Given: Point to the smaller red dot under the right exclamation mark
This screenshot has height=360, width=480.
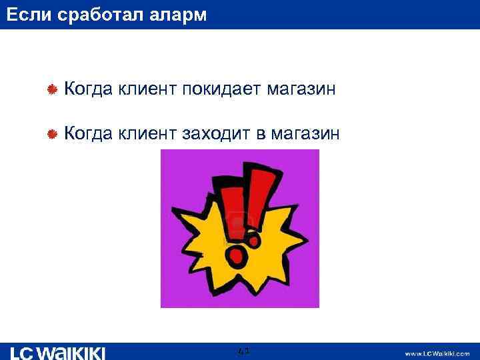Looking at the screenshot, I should (254, 237).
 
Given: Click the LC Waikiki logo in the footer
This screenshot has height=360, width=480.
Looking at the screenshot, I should (58, 353).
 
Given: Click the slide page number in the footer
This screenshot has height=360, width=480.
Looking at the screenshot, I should (243, 350).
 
